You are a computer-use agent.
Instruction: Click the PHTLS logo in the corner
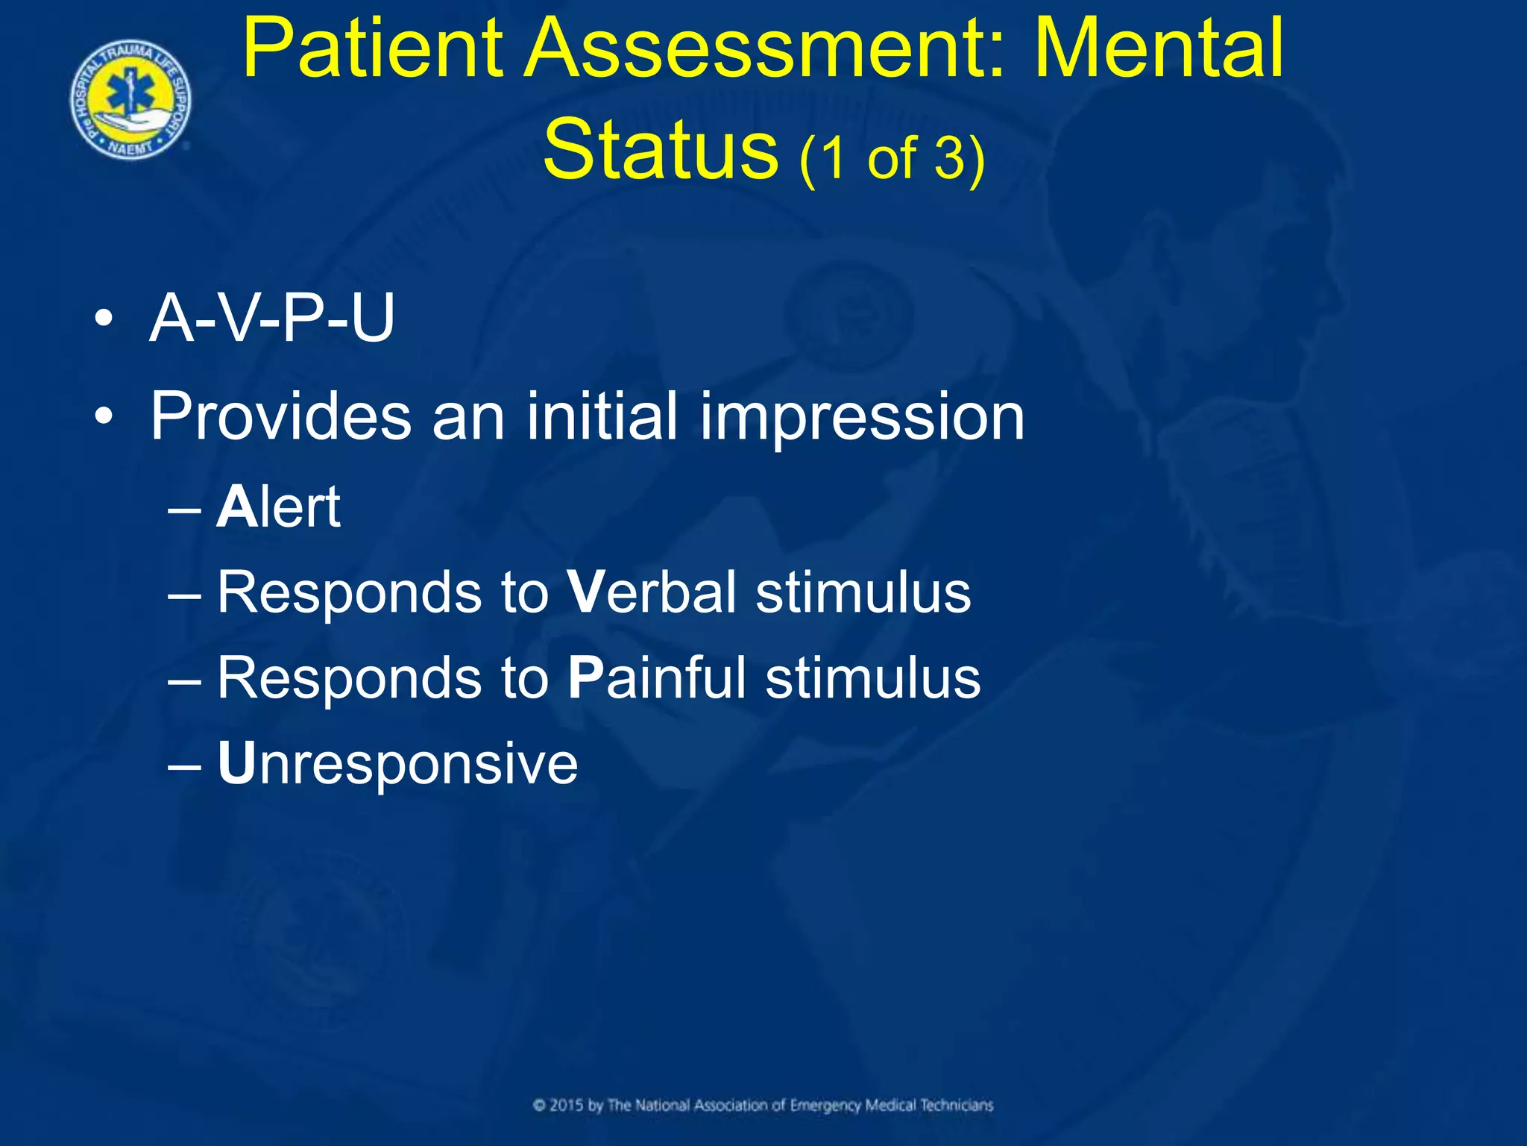130,100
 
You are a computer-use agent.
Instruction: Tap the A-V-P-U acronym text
271,319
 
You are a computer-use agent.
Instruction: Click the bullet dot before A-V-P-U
104,321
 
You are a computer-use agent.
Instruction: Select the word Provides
280,416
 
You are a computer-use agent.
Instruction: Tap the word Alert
278,507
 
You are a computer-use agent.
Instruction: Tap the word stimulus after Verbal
863,592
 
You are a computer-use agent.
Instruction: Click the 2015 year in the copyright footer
567,1105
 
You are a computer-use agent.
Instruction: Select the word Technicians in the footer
957,1105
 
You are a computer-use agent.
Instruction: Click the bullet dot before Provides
104,418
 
